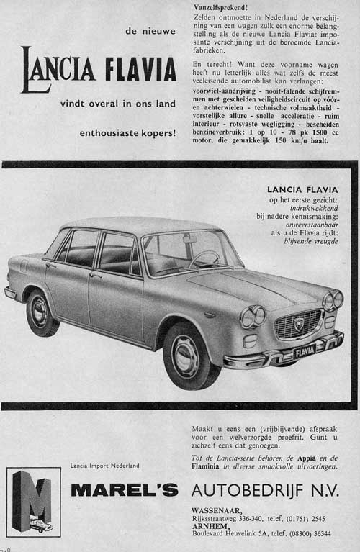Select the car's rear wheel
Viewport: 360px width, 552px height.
42,312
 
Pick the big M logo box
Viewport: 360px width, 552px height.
33,501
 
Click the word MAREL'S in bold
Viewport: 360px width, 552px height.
124,491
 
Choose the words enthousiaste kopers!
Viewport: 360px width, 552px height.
128,132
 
